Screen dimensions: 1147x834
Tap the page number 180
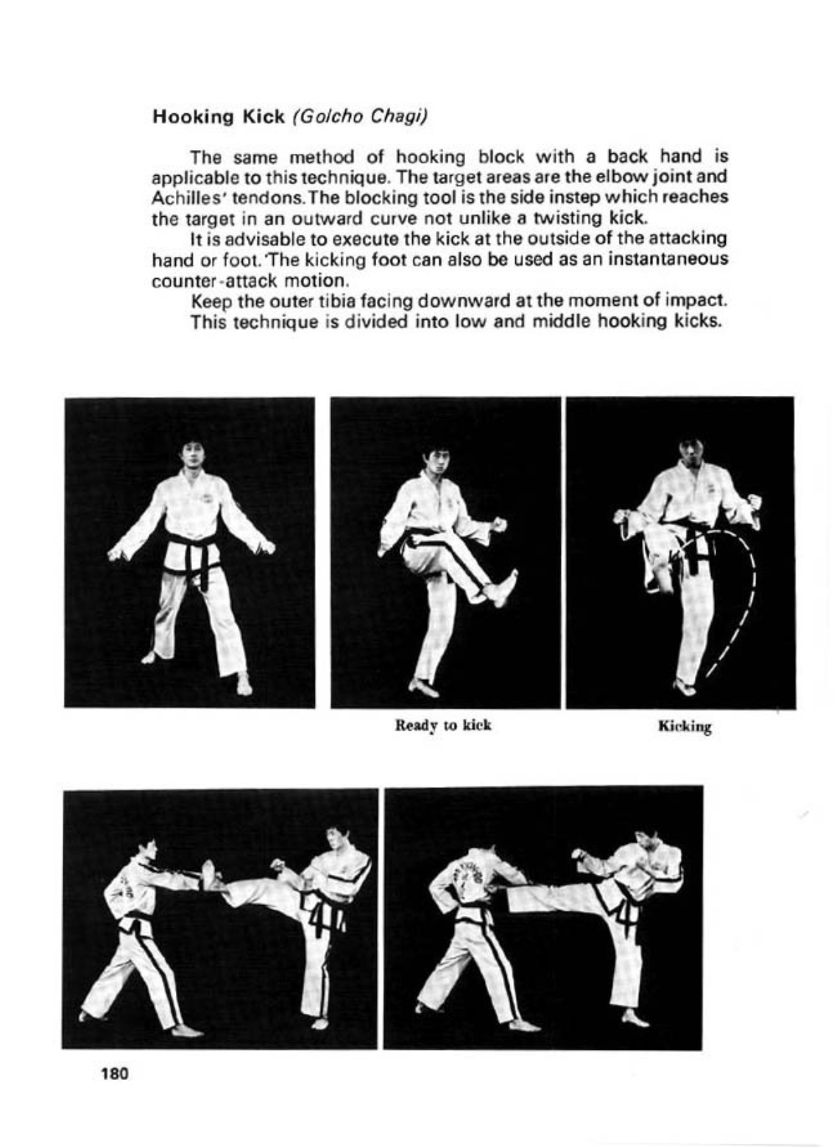coord(115,1073)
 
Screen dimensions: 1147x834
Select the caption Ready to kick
coord(443,725)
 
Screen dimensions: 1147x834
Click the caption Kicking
coord(685,728)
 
